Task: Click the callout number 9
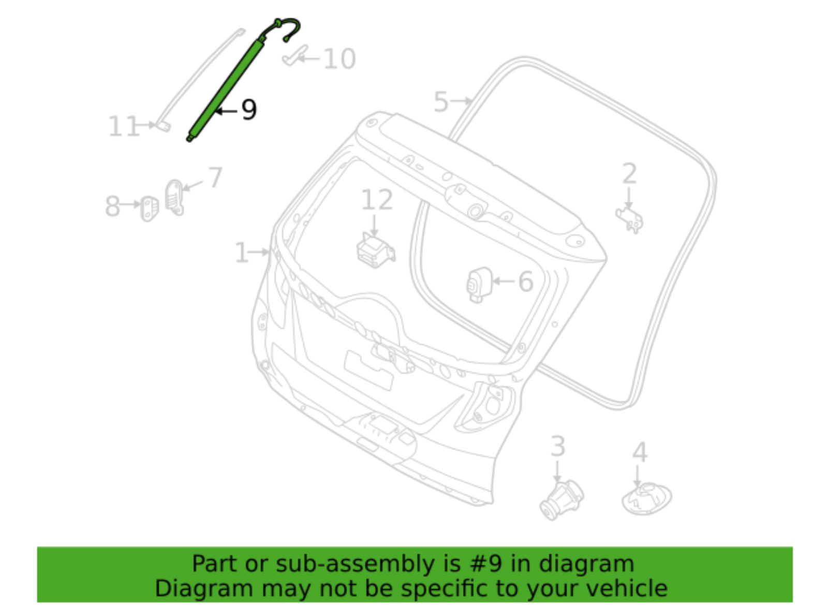coord(249,110)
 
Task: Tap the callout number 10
coord(339,59)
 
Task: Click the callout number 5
coord(440,102)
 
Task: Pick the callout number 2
coord(629,174)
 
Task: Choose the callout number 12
coord(377,200)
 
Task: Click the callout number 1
coord(242,253)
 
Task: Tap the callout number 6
coord(525,282)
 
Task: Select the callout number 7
coord(215,178)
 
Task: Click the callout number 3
coord(557,446)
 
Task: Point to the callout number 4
coord(640,452)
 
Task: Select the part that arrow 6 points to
coord(479,284)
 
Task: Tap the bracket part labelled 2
coord(630,219)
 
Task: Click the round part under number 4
coord(646,498)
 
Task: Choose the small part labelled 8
coord(150,208)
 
